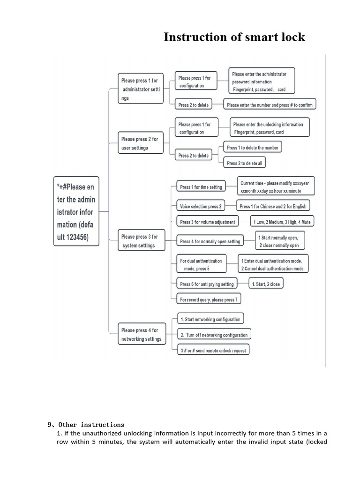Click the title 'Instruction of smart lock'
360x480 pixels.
pyautogui.click(x=234, y=37)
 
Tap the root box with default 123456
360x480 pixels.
pyautogui.click(x=76, y=211)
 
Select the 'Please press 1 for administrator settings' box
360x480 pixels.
pyautogui.click(x=141, y=89)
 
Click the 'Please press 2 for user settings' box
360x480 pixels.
pyautogui.click(x=141, y=142)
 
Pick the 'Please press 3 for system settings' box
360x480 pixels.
pyautogui.click(x=142, y=240)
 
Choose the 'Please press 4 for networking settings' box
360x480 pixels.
pyautogui.click(x=142, y=334)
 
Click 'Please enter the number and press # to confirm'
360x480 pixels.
pyautogui.click(x=270, y=104)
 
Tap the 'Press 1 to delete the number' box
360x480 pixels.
pyautogui.click(x=253, y=147)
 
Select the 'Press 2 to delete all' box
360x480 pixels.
pyautogui.click(x=245, y=163)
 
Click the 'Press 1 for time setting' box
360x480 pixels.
pyautogui.click(x=201, y=186)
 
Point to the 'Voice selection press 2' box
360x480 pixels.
pyautogui.click(x=201, y=206)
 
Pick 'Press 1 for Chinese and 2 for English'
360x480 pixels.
pyautogui.click(x=273, y=206)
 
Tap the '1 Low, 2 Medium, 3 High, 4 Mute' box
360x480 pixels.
pyautogui.click(x=282, y=221)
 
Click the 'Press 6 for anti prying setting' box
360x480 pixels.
pyautogui.click(x=207, y=284)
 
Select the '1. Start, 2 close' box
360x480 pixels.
pyautogui.click(x=266, y=284)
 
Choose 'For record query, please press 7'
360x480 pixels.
pyautogui.click(x=209, y=299)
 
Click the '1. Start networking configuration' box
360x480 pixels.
pyautogui.click(x=210, y=319)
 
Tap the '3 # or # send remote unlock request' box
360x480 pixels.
pyautogui.click(x=213, y=350)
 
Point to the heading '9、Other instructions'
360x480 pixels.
pyautogui.click(x=86, y=425)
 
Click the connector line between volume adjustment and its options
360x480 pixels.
pyautogui.click(x=244, y=221)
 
